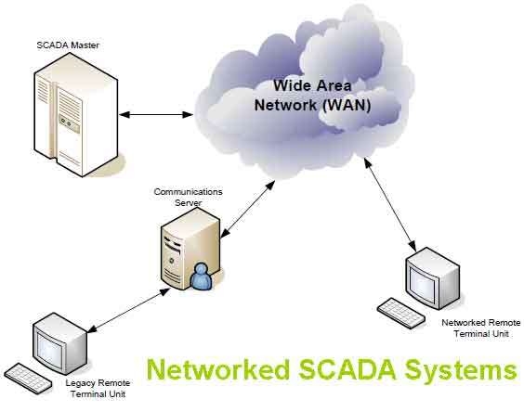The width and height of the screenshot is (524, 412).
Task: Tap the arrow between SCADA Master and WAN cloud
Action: [164, 114]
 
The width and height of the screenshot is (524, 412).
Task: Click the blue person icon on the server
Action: [201, 276]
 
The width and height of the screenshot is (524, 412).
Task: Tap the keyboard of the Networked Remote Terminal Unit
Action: [401, 312]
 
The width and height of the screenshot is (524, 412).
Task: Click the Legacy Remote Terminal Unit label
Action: [98, 388]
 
